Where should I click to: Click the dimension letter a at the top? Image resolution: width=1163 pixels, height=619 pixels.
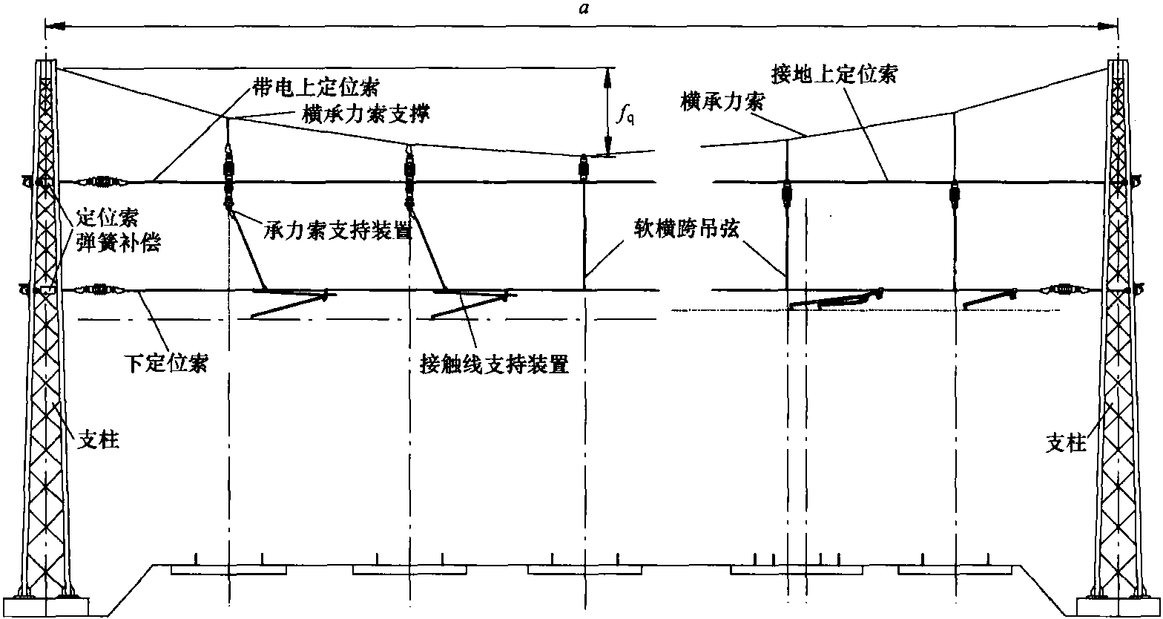(x=585, y=9)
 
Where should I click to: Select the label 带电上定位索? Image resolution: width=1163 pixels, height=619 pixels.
(x=316, y=87)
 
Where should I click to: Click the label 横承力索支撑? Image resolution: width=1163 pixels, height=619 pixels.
(x=366, y=114)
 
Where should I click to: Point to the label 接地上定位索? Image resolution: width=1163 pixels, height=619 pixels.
(x=834, y=74)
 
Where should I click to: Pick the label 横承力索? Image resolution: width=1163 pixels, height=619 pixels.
(x=722, y=102)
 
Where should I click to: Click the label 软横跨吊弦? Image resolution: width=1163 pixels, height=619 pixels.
(x=686, y=228)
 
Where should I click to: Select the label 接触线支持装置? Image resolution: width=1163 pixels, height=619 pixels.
(x=495, y=364)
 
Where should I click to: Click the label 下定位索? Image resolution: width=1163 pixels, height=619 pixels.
(x=166, y=363)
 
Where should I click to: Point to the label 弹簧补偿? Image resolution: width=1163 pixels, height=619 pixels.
(x=119, y=242)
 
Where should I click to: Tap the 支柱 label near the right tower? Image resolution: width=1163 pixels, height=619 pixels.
(x=1065, y=443)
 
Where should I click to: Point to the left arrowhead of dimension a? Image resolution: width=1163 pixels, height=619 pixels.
(x=55, y=25)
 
